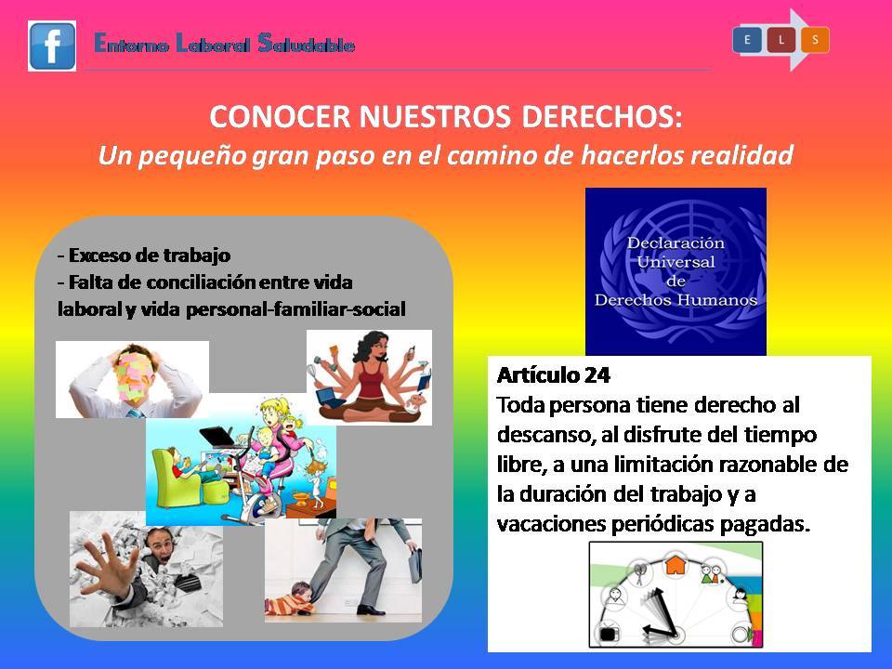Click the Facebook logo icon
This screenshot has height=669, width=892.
[x=52, y=46]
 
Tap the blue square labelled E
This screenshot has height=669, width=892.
[x=747, y=40]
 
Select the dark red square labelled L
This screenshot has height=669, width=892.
[x=781, y=40]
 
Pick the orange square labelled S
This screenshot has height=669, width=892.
[x=815, y=40]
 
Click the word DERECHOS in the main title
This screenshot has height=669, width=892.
[x=601, y=117]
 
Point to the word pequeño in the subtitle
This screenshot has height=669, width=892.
[x=192, y=156]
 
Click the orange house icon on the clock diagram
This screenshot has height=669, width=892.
[x=676, y=564]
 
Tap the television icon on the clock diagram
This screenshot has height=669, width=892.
[x=608, y=634]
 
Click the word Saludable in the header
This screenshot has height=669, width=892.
[x=306, y=44]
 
